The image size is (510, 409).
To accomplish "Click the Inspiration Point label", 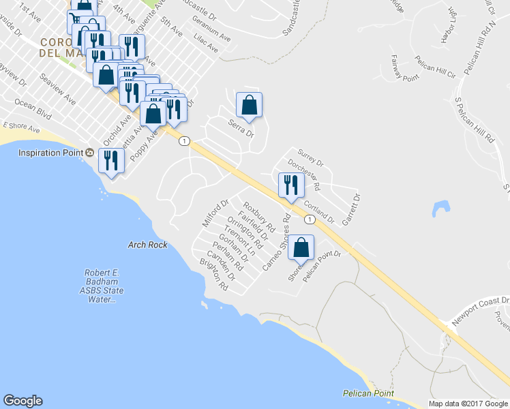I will tap(50, 153).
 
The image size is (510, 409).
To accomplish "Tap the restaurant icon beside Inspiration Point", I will tap(110, 160).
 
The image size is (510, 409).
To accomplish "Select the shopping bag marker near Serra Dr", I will tap(249, 105).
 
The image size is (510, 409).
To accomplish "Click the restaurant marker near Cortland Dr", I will tap(291, 185).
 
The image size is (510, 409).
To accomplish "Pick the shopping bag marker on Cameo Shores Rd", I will tap(301, 248).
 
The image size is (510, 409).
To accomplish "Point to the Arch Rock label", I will tap(147, 244).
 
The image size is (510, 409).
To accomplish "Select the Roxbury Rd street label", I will tap(259, 215).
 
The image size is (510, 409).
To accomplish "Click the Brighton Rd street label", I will tap(213, 275).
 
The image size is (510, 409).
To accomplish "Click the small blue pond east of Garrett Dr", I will tap(440, 208).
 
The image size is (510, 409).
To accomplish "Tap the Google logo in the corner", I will tap(22, 401).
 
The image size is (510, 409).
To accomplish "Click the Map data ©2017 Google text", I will tap(467, 404).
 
